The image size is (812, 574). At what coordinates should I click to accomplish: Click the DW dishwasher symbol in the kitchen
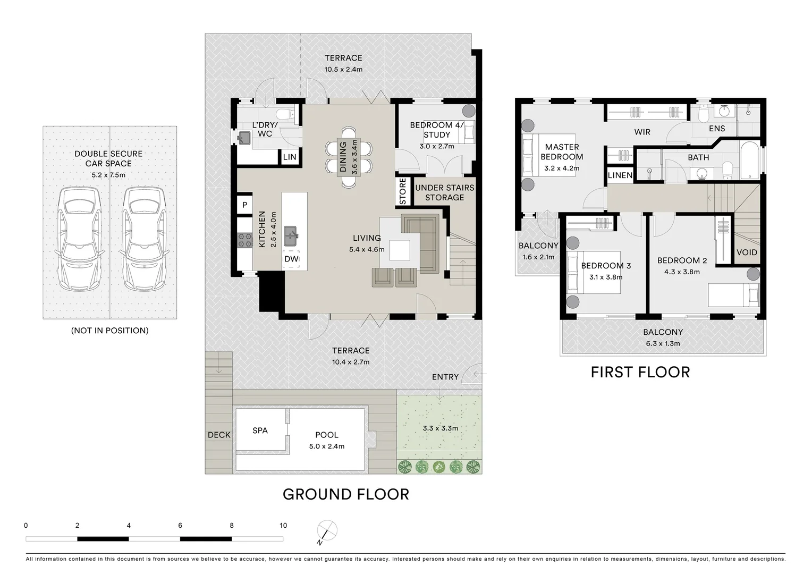click(291, 259)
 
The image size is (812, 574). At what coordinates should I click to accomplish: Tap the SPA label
click(260, 430)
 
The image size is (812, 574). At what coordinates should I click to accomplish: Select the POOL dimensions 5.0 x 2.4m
click(327, 446)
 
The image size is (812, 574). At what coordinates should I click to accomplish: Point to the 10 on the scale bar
click(283, 526)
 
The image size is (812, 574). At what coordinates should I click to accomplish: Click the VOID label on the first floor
click(747, 252)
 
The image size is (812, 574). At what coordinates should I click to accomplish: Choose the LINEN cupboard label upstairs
click(620, 175)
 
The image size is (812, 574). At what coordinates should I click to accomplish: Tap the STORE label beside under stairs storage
click(403, 191)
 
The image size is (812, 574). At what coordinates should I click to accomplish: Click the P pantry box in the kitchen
click(244, 205)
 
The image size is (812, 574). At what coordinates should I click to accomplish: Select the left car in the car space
click(78, 238)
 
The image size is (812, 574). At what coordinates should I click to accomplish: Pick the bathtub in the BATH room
click(750, 160)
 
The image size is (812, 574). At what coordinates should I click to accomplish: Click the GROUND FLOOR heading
click(346, 494)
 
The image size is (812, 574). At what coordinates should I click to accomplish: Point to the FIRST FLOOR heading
click(640, 373)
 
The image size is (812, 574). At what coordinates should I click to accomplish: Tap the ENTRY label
click(445, 377)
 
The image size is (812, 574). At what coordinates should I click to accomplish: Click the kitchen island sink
click(290, 235)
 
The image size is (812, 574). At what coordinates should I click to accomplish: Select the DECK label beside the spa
click(219, 435)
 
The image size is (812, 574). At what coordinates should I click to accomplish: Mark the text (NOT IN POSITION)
click(110, 331)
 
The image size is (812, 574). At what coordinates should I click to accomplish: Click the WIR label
click(642, 132)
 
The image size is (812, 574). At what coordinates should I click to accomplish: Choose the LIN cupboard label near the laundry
click(290, 157)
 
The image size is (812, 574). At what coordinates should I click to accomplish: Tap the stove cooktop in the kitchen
click(244, 240)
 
